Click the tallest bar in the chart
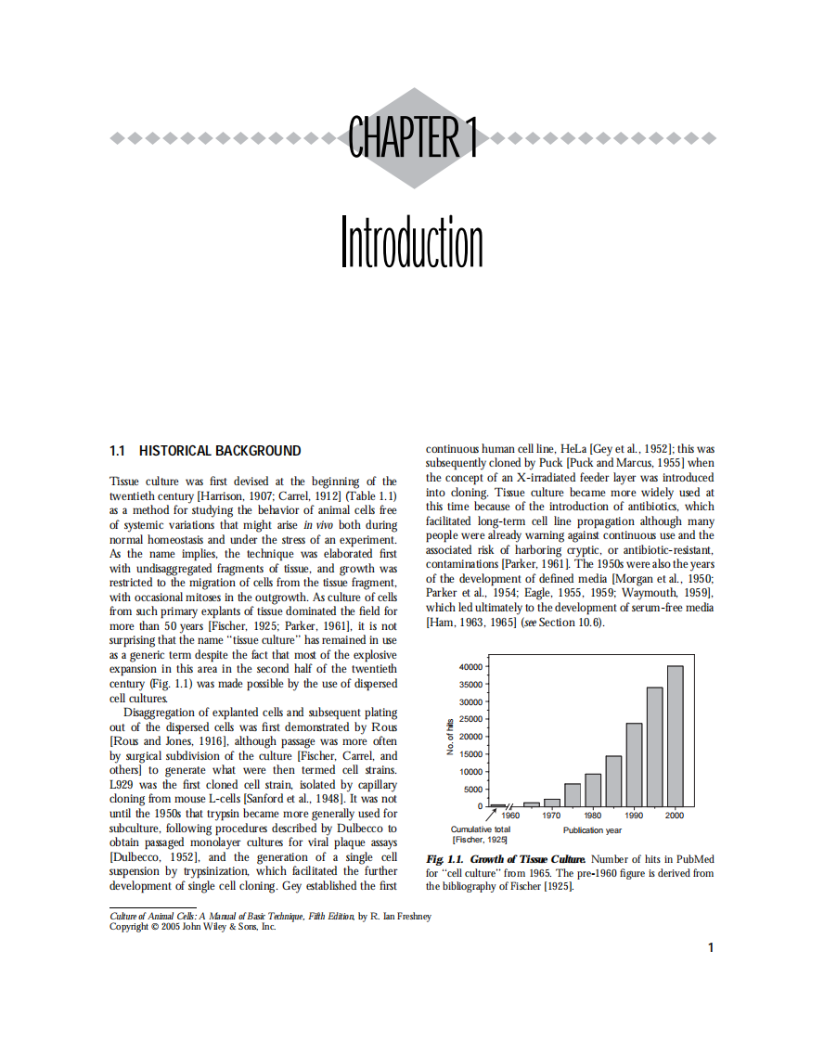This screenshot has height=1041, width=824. coord(675,736)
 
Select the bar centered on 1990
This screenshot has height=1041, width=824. coord(634,765)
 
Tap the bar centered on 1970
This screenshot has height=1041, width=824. coord(552,803)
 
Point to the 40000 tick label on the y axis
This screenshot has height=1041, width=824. coord(470,667)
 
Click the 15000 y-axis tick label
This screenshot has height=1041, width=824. coord(470,754)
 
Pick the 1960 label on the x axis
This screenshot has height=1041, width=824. coord(510,816)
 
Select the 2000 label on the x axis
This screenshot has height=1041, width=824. coord(675,816)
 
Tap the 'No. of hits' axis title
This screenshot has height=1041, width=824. coord(451,736)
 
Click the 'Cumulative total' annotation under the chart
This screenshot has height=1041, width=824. coord(480,829)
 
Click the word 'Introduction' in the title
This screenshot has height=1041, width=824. coord(411,243)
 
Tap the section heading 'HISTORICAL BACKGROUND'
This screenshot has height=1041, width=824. coord(220,451)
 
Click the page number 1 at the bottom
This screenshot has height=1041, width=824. coord(710,947)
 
